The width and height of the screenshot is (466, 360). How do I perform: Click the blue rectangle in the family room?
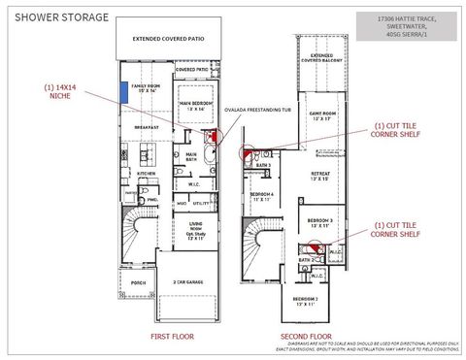coord(125,91)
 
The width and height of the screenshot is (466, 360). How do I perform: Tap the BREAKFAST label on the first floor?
coord(146,126)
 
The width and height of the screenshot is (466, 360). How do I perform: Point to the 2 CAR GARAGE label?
coord(187,282)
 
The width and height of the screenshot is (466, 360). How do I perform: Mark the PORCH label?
coord(138,282)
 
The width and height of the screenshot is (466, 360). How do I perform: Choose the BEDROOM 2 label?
coord(305,301)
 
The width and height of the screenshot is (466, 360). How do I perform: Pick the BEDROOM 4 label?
coord(262,196)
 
